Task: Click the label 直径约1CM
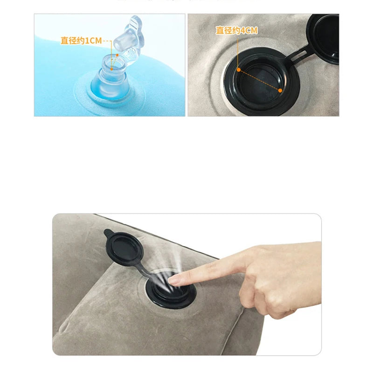(x=81, y=41)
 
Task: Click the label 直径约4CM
(x=236, y=31)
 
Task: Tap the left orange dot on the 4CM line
(x=238, y=69)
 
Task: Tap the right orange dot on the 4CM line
(x=280, y=90)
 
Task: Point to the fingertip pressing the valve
(x=175, y=280)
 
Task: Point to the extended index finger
(x=210, y=269)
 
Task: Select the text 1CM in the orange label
(x=93, y=41)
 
